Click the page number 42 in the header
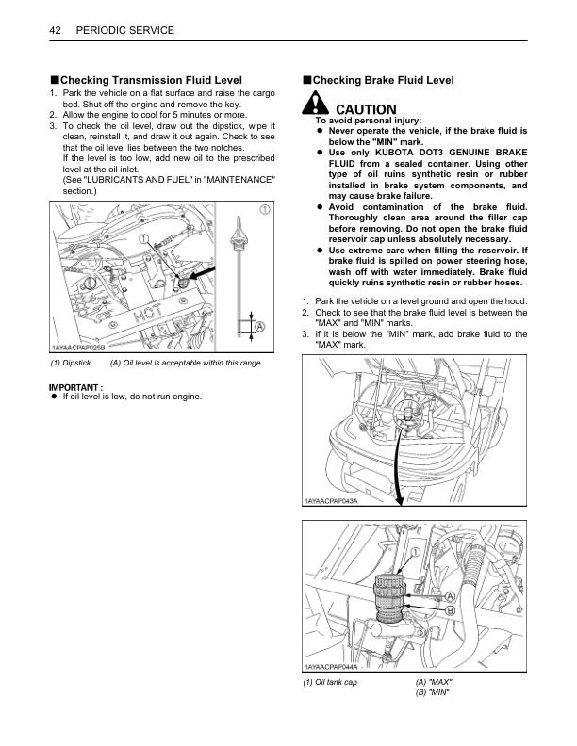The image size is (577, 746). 55,31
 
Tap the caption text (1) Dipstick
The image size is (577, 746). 70,363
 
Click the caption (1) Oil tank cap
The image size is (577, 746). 330,682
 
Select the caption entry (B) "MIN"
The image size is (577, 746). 434,693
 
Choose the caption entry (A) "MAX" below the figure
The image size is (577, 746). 434,682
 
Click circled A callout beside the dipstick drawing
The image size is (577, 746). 259,326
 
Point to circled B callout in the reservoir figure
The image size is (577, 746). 451,611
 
